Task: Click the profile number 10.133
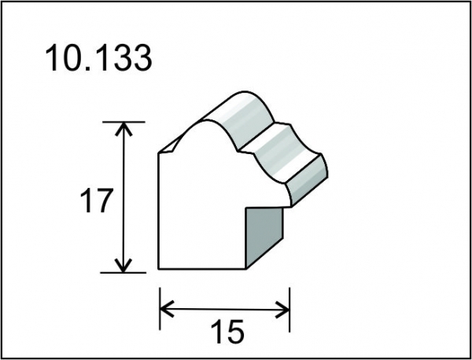click(x=98, y=57)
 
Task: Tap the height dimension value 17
click(x=97, y=200)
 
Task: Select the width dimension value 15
click(x=227, y=332)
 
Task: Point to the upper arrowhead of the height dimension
click(x=124, y=128)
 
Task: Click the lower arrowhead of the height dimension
click(x=124, y=265)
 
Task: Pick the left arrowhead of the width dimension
click(x=167, y=309)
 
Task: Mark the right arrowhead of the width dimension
click(x=282, y=309)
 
